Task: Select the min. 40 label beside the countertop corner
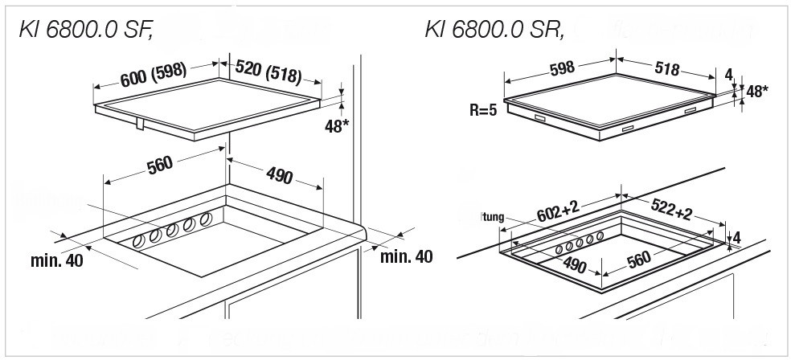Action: pyautogui.click(x=406, y=256)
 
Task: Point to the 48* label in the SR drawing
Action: pyautogui.click(x=757, y=91)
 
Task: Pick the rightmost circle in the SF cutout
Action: pyautogui.click(x=205, y=218)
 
